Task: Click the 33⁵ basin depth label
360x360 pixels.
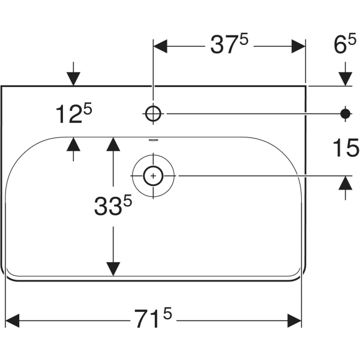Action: pos(112,206)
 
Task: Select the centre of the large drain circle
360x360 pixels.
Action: pos(153,176)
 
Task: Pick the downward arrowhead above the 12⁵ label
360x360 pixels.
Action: pos(73,78)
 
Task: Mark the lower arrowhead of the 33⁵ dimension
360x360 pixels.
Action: pos(112,269)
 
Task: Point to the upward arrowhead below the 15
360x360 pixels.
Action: pos(345,184)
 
